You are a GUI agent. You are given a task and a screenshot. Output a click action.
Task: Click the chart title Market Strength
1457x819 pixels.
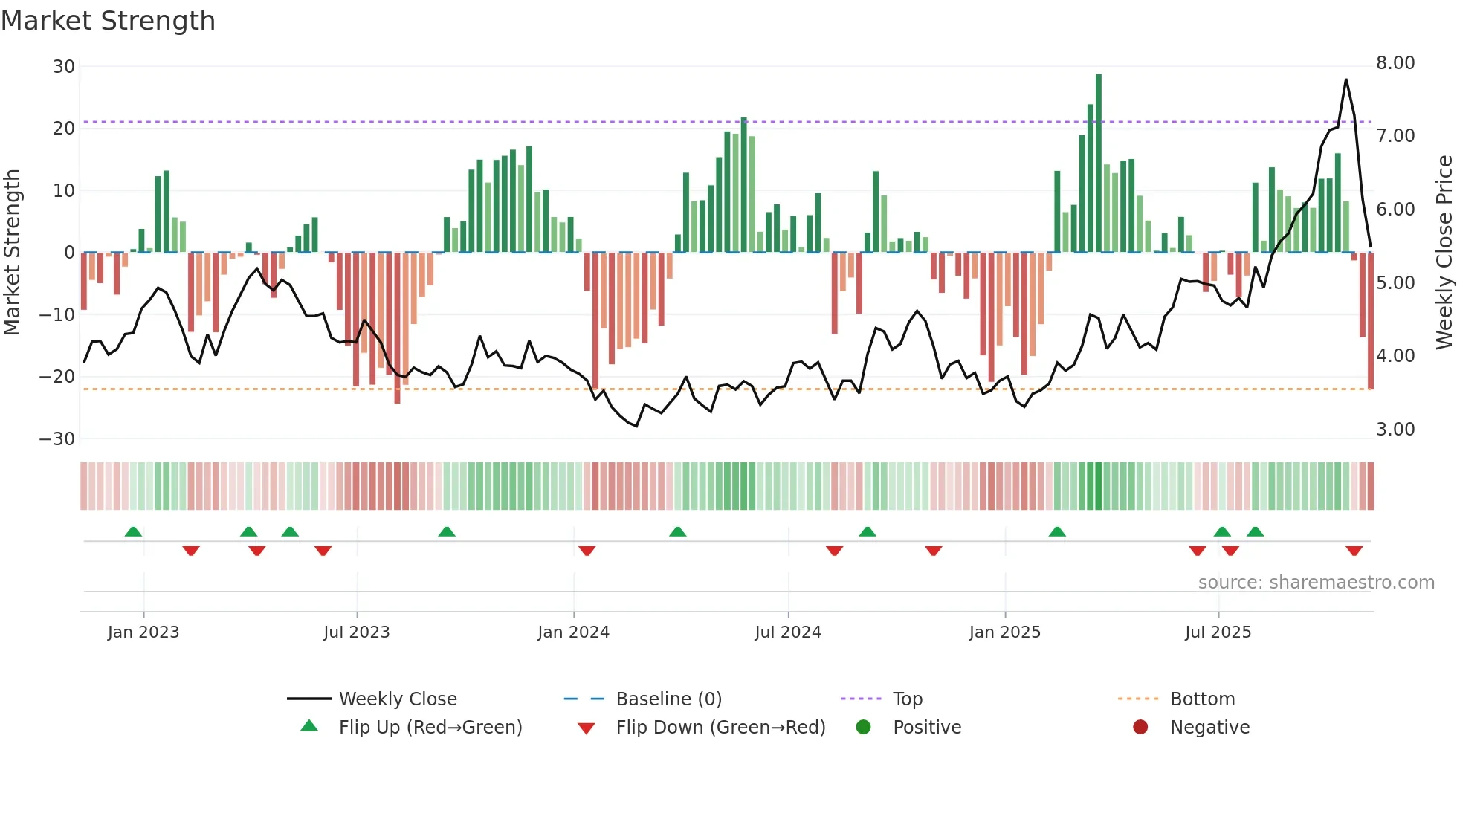click(108, 21)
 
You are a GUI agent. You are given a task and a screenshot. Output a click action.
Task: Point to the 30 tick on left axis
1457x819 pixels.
click(63, 67)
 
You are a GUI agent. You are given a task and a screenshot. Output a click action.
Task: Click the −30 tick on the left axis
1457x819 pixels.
click(57, 438)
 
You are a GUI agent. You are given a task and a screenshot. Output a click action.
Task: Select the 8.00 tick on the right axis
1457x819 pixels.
click(1395, 63)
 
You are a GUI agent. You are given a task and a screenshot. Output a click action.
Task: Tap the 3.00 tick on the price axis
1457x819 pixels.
click(1395, 430)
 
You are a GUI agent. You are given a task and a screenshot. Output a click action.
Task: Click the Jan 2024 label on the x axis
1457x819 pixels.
click(573, 632)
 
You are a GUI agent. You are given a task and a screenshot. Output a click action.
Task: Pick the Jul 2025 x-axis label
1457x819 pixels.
click(1218, 632)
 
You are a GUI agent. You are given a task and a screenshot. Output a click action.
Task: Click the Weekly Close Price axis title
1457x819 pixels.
click(1444, 253)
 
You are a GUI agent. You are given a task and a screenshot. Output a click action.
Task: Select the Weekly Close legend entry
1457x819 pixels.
click(397, 699)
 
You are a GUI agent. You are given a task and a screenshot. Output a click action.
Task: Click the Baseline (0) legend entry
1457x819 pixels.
click(668, 699)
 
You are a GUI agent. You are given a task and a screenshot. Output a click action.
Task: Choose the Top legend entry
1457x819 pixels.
click(907, 699)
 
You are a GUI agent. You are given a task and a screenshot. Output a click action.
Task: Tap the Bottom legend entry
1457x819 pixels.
click(1202, 699)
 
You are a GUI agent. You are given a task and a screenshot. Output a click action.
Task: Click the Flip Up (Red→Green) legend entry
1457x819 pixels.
click(430, 728)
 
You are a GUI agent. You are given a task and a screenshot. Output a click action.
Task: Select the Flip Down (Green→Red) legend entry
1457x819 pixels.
click(720, 728)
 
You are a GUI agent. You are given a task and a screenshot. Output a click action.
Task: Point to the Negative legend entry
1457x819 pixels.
click(1209, 728)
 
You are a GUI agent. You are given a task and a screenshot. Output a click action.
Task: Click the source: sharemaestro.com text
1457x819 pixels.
click(1316, 583)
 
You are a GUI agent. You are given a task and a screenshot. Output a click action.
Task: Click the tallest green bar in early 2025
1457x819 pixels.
click(1099, 164)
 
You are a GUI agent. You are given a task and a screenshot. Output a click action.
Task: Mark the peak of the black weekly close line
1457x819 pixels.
click(1346, 80)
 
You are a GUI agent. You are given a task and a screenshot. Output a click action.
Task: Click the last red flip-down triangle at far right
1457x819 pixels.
click(1354, 551)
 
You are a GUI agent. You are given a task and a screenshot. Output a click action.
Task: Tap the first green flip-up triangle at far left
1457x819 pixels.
click(133, 532)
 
